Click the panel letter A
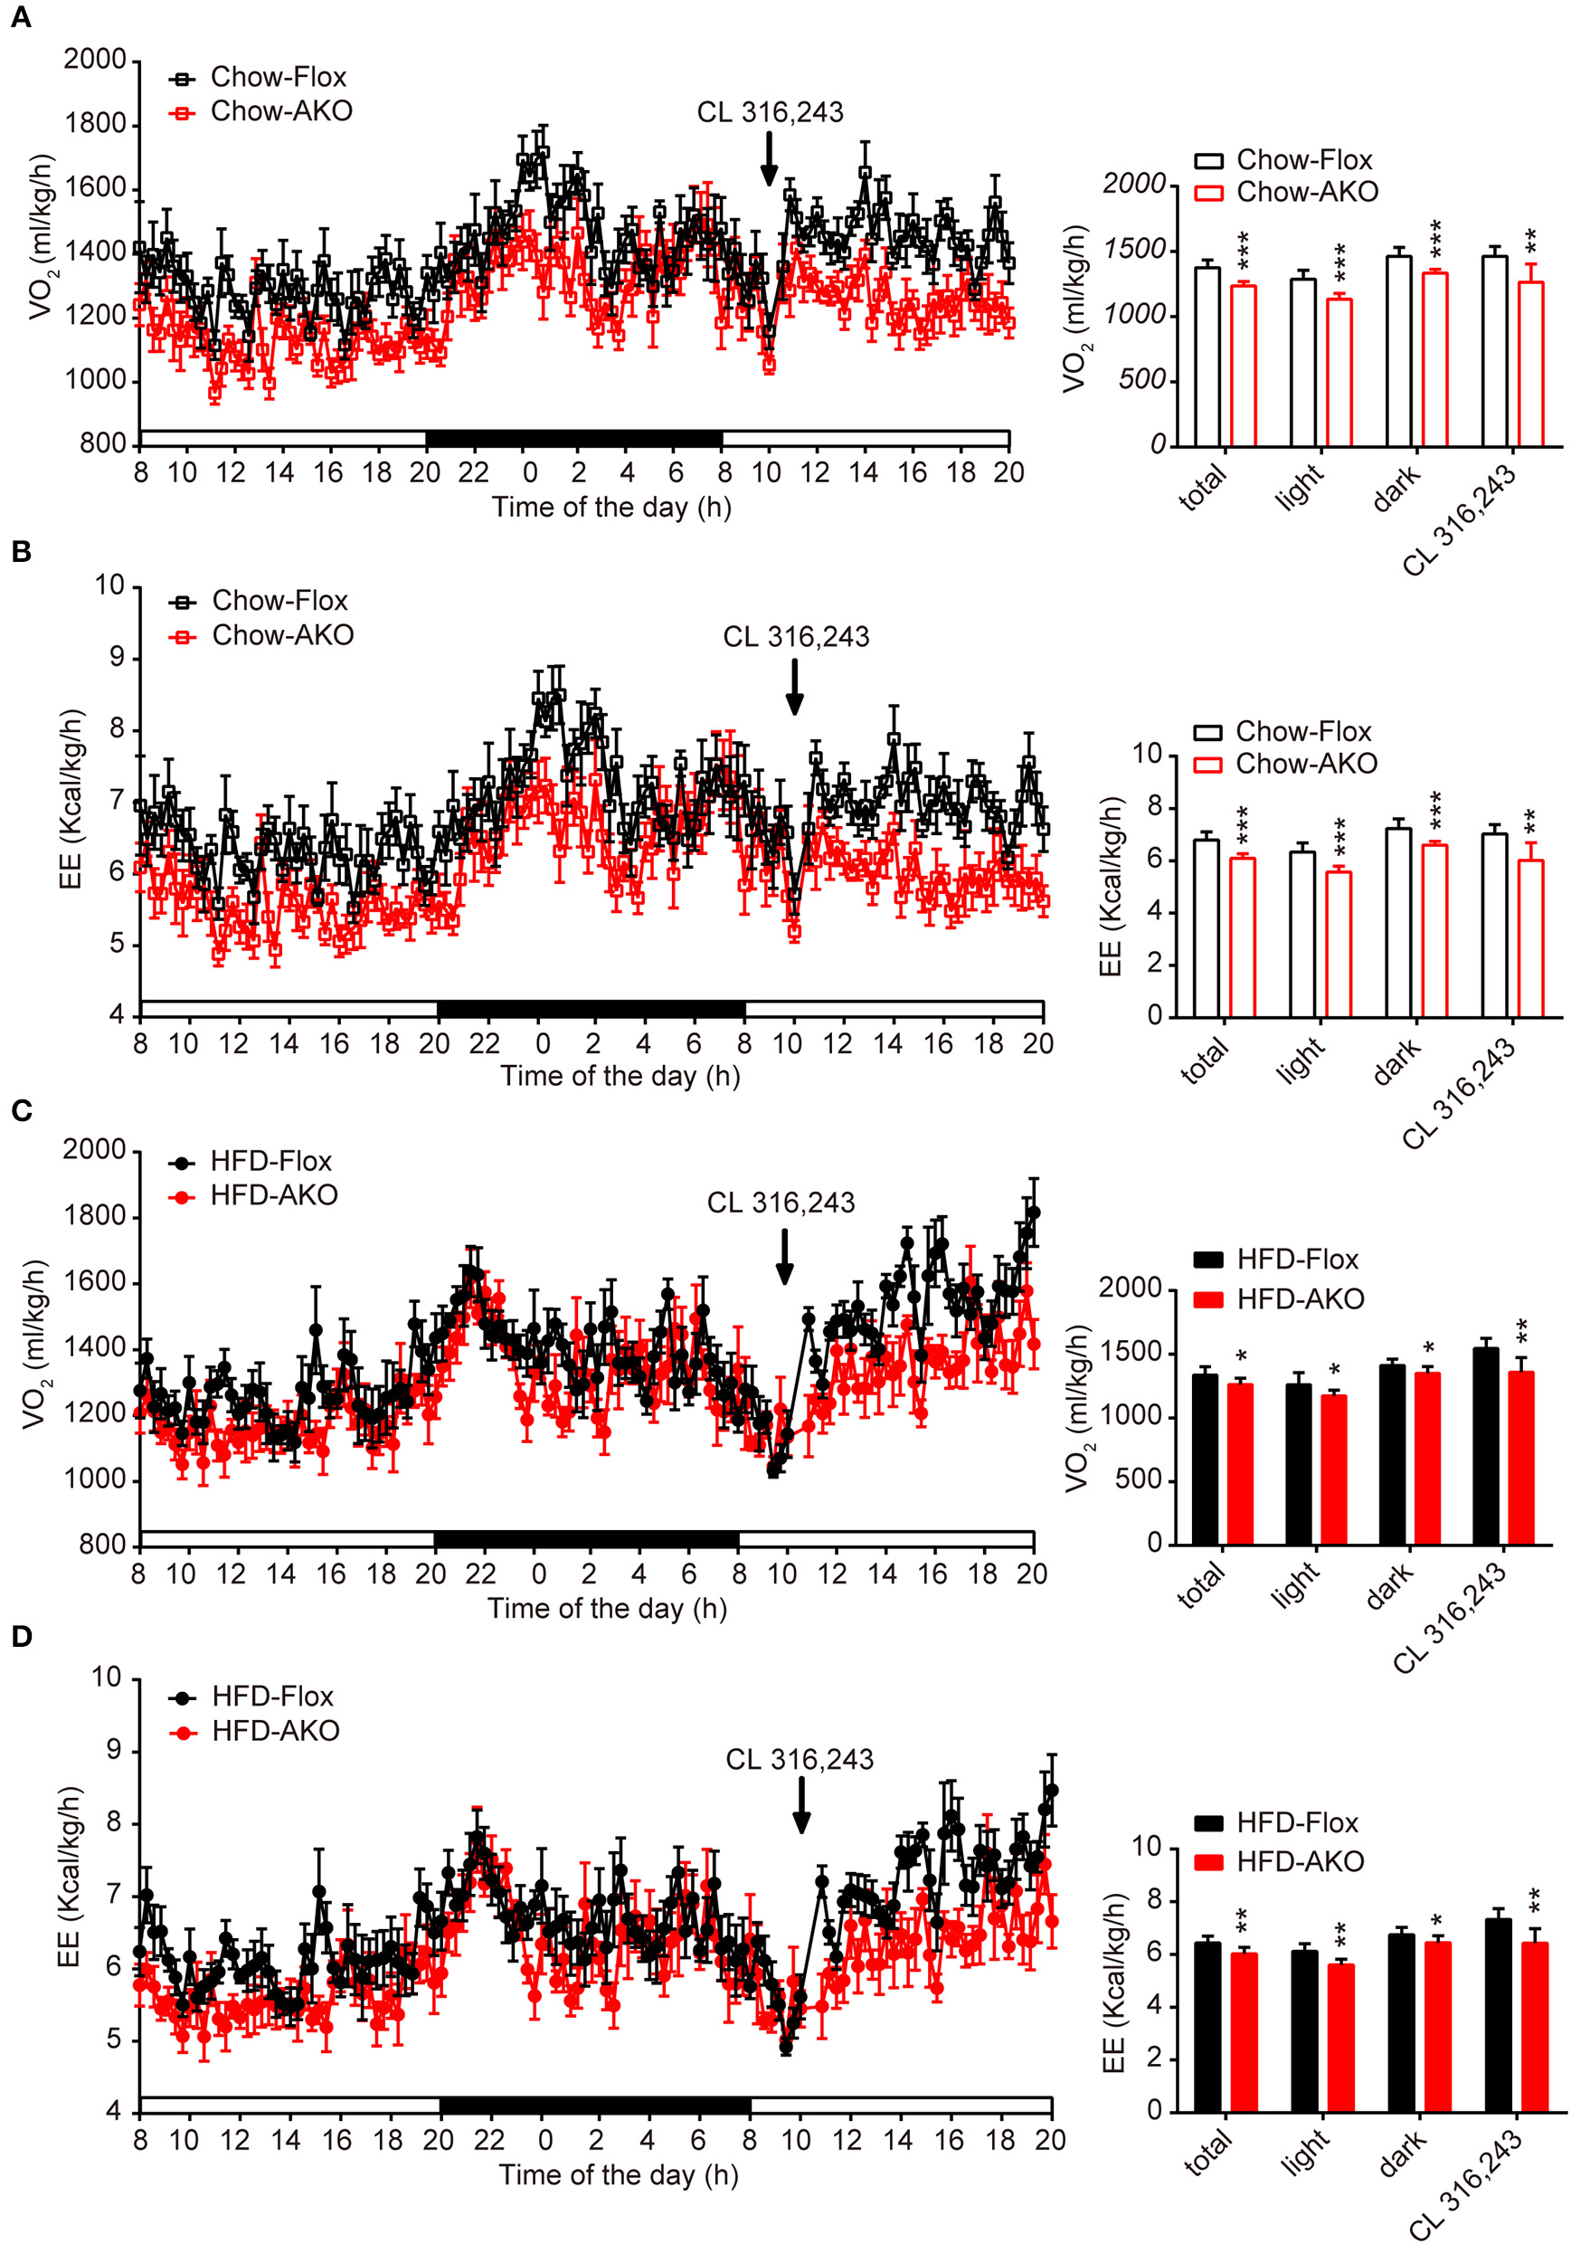pos(21,17)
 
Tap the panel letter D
pos(22,1636)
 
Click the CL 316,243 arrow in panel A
pos(769,158)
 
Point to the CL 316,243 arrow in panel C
pos(783,1256)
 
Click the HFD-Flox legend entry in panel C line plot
pos(251,1161)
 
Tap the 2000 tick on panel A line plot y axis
pos(95,60)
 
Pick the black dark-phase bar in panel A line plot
pos(573,438)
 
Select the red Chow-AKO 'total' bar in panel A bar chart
pos(1242,366)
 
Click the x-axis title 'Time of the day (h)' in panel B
pos(620,1076)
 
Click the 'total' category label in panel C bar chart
pos(1202,1584)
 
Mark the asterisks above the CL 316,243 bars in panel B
pos(1529,818)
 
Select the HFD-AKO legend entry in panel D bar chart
pos(1280,1861)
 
